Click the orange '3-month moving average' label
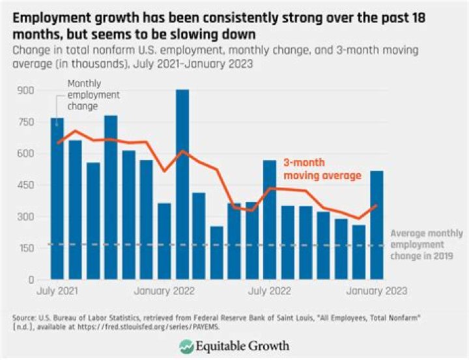pos(322,169)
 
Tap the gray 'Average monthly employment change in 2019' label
pos(426,244)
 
